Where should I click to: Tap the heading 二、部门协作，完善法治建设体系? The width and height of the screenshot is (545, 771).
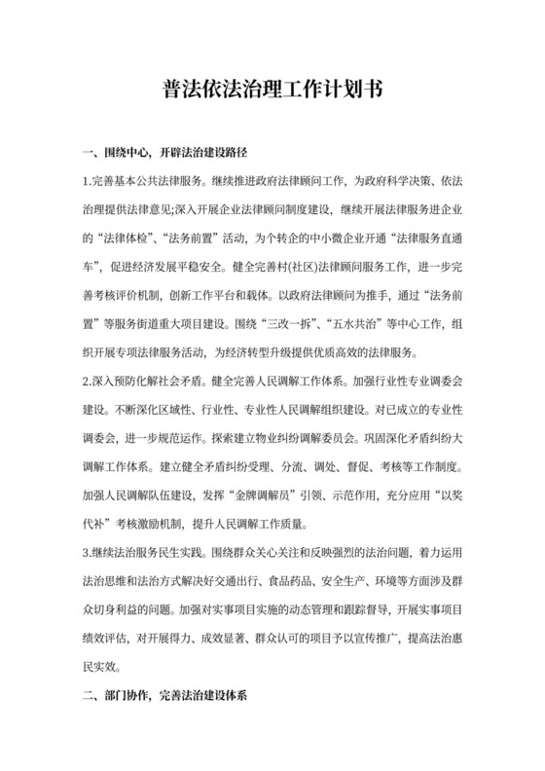168,696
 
